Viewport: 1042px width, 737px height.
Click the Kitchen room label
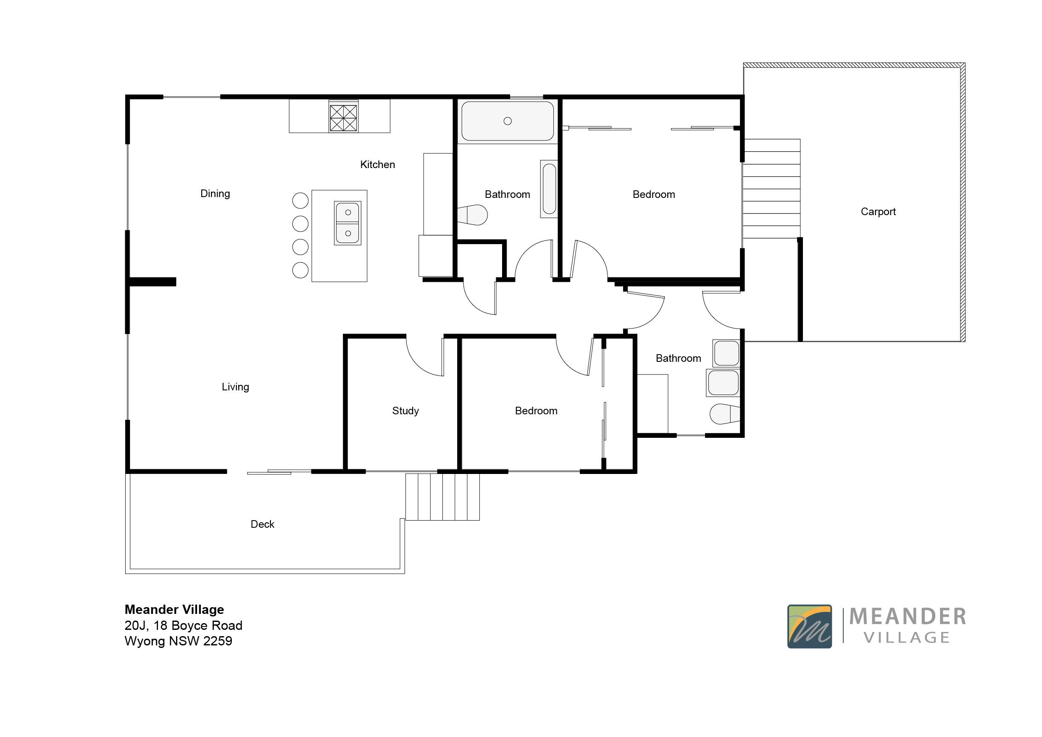pos(377,165)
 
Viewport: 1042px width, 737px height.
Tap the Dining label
pos(215,194)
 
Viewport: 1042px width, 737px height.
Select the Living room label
pos(235,387)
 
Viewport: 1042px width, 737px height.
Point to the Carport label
pos(878,212)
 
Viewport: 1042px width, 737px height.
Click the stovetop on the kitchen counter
pos(343,118)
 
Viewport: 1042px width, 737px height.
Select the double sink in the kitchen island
pos(347,223)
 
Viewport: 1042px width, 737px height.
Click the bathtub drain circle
pos(508,121)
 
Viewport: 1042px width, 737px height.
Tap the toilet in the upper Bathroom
pos(474,215)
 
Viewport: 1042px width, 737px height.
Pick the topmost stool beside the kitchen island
pos(300,200)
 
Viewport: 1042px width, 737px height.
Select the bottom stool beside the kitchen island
pos(300,271)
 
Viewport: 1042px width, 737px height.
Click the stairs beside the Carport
pos(771,188)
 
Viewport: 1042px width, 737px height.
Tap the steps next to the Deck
pos(442,497)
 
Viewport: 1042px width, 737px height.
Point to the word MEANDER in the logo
pos(907,617)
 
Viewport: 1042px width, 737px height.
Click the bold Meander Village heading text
pos(174,610)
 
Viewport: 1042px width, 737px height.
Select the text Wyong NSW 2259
pos(178,641)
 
